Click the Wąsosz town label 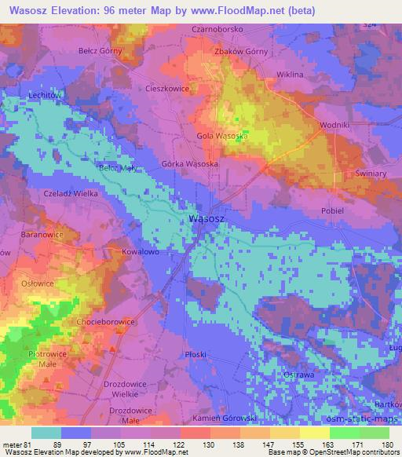208,221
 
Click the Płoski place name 196,354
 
